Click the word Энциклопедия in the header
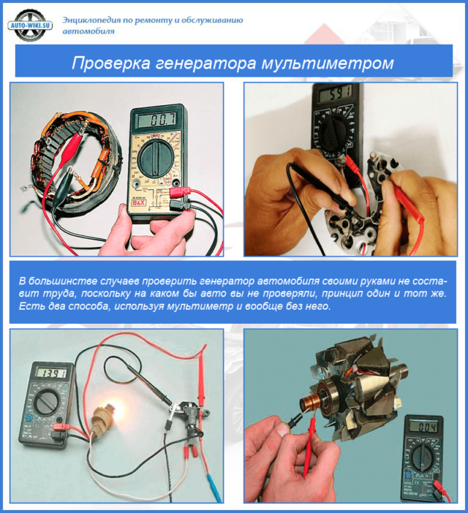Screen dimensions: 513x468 pos(94,19)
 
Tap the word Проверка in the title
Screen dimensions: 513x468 pos(112,64)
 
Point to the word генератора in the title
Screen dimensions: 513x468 pos(209,64)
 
